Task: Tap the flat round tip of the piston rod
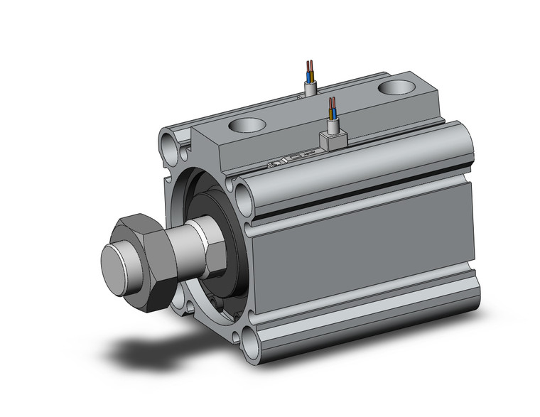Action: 115,266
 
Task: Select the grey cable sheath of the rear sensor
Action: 310,88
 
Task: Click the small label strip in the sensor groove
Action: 291,159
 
